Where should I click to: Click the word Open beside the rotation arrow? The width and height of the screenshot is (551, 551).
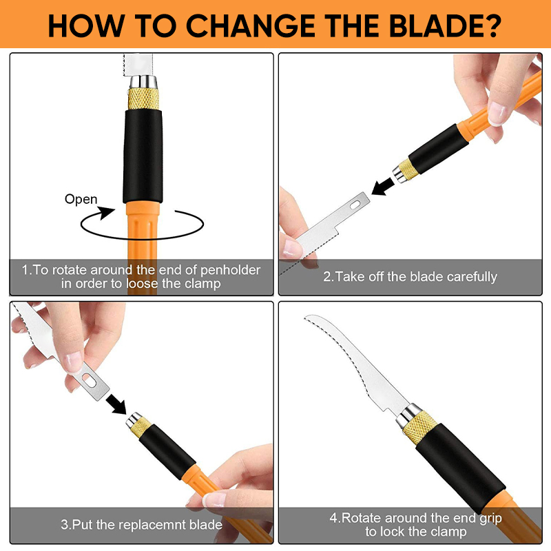[x=81, y=200]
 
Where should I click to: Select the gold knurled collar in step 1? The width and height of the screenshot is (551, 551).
[x=143, y=98]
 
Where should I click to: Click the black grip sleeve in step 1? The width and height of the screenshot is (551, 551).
[x=143, y=156]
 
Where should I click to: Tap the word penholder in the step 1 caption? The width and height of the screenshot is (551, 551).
[x=230, y=270]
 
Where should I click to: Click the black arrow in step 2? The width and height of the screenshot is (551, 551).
[x=382, y=186]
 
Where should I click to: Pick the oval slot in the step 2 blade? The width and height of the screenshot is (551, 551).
[x=355, y=204]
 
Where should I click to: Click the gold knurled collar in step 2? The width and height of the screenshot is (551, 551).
[x=408, y=169]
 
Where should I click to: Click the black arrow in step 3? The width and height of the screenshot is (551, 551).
[x=116, y=404]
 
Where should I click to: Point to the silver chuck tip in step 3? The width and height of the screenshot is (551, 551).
[x=134, y=419]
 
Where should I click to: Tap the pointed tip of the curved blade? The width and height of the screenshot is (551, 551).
[x=305, y=318]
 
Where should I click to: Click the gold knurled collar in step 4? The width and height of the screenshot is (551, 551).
[x=419, y=426]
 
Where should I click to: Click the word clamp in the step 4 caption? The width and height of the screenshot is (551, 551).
[x=446, y=532]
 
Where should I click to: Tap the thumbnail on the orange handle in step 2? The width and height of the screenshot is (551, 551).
[x=497, y=114]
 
